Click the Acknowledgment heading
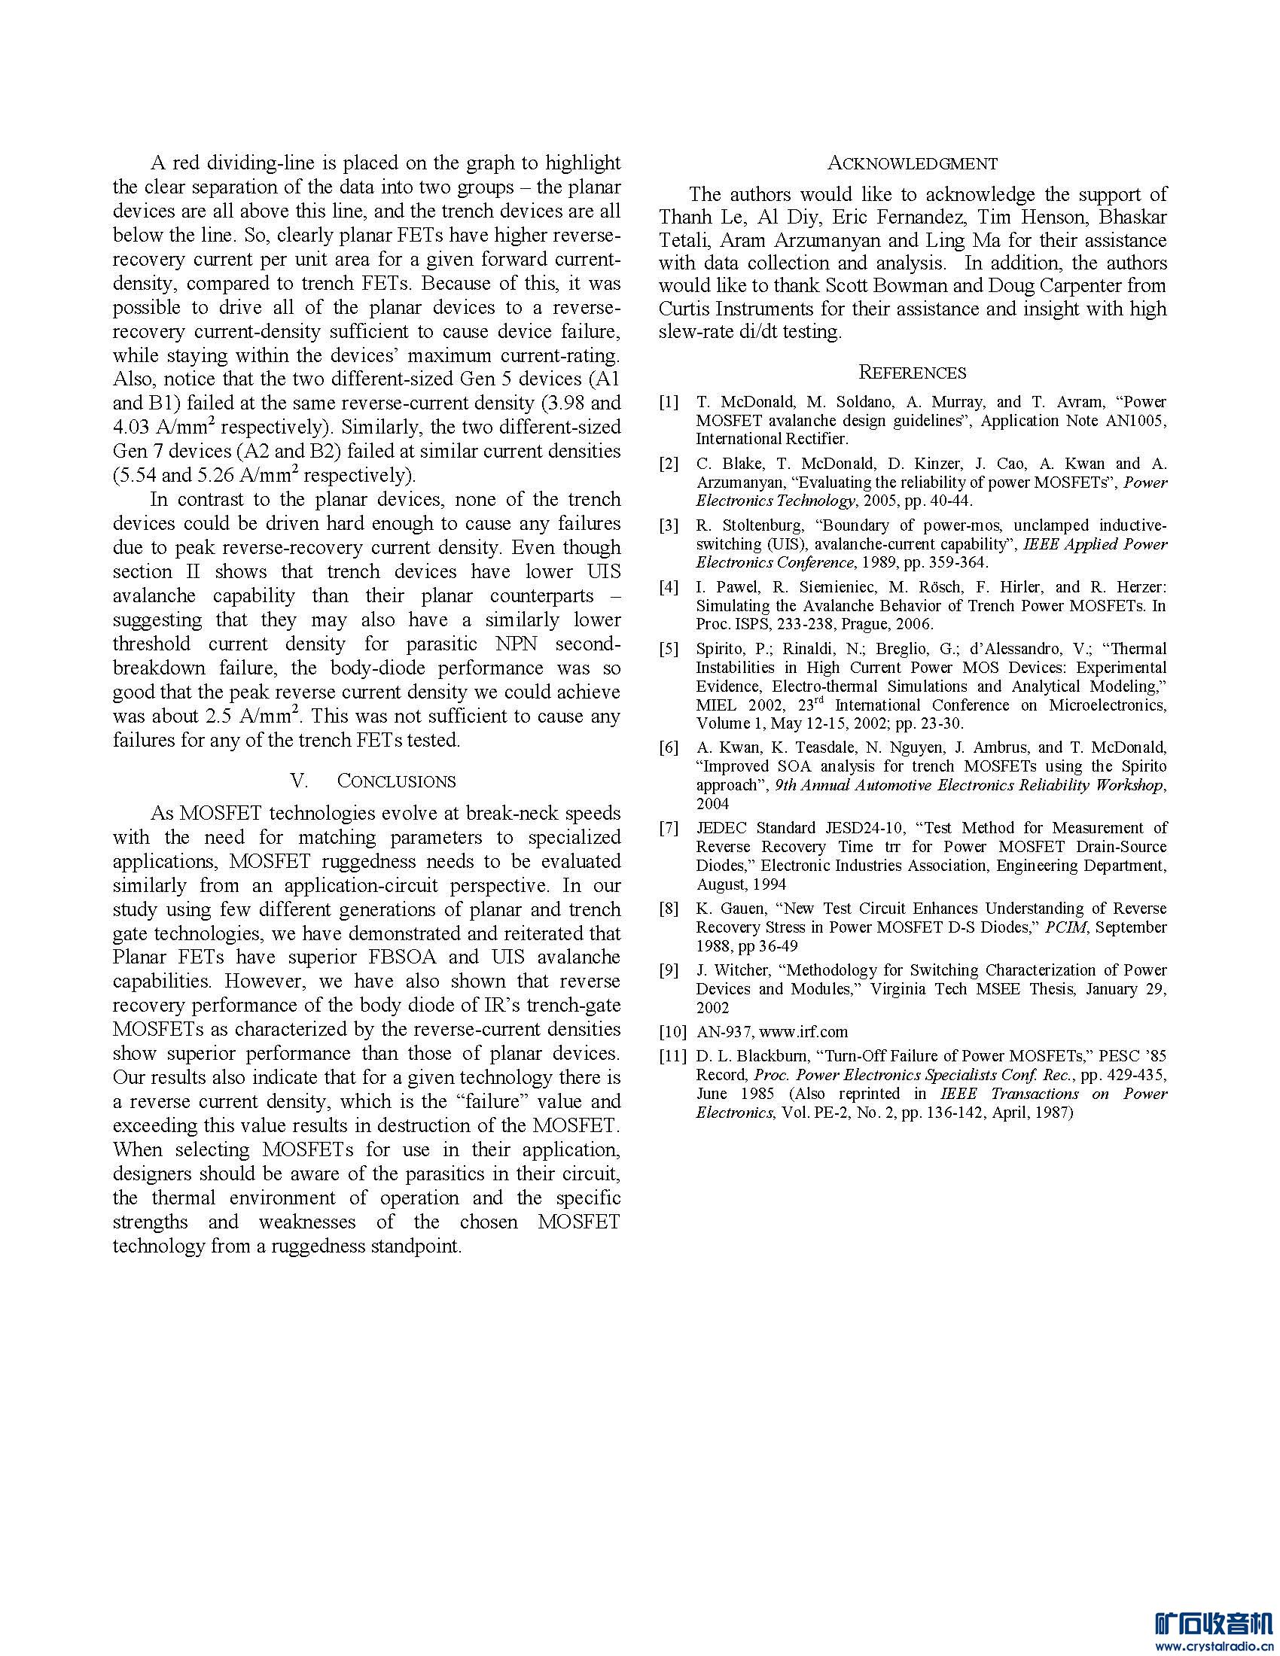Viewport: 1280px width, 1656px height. [x=913, y=163]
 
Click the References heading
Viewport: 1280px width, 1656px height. [x=913, y=373]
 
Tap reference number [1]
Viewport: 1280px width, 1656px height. [x=669, y=402]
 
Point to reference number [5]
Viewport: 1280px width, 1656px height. [x=669, y=649]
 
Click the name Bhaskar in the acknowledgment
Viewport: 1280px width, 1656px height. [x=1133, y=218]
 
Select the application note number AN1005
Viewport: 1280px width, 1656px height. [x=1138, y=421]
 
